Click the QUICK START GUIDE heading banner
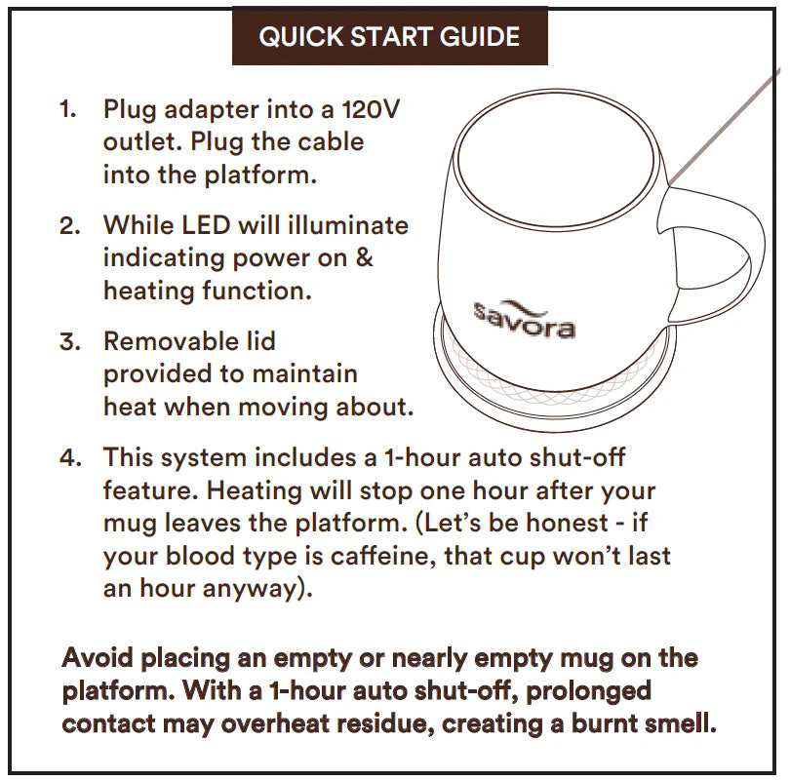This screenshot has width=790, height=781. pyautogui.click(x=389, y=38)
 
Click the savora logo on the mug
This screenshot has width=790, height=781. pyautogui.click(x=524, y=320)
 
